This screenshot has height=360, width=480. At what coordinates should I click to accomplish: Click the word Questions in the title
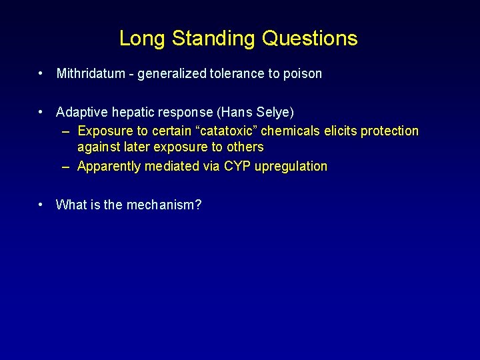pos(310,39)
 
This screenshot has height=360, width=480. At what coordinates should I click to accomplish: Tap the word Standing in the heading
pos(213,39)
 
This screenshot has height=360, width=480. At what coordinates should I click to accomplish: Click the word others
pos(245,147)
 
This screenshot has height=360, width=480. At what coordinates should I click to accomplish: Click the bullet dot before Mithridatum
pos(41,74)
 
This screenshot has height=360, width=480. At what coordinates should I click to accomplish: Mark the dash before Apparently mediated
pos(66,167)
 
